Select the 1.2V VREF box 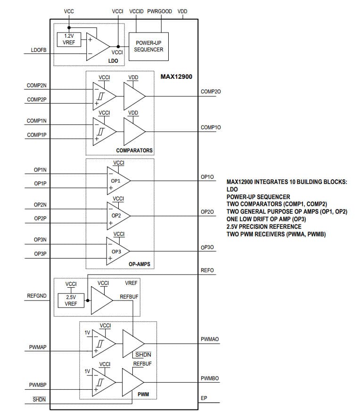[x=68, y=39]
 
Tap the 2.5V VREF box [x=71, y=300]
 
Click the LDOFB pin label [x=39, y=50]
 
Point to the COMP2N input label [x=36, y=86]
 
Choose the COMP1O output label [x=210, y=127]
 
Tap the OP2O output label [x=207, y=212]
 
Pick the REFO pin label [x=207, y=271]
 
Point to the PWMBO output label [x=210, y=379]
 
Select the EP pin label [x=204, y=398]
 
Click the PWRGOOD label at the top [x=159, y=11]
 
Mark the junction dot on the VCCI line [x=118, y=46]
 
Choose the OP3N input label [x=40, y=240]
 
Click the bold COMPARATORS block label [x=134, y=150]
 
